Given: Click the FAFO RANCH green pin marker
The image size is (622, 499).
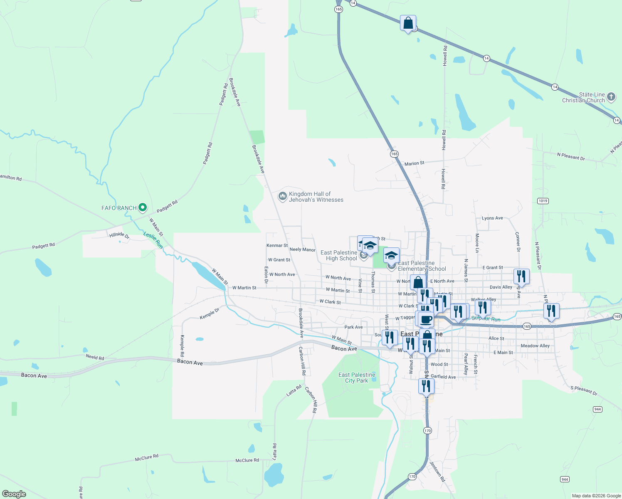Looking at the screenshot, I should tap(143, 207).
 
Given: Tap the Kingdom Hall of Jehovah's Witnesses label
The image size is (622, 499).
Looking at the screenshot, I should tap(316, 197).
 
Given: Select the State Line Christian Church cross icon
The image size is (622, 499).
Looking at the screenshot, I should tap(611, 97).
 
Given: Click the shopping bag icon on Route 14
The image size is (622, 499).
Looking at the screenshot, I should tap(408, 23).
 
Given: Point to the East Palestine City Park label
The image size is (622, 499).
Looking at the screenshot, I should tap(357, 378).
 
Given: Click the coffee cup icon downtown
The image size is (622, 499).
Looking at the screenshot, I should tap(425, 319).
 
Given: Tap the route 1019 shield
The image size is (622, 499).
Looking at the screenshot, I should tap(543, 201).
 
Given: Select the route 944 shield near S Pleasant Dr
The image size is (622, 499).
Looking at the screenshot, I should tap(597, 409).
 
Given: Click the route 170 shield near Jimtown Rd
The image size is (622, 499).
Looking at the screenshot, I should tap(412, 477).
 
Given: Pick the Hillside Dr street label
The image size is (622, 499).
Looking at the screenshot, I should tap(119, 235).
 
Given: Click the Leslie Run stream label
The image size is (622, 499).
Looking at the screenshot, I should tap(153, 240).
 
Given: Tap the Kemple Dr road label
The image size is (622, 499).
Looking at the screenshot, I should tap(210, 314).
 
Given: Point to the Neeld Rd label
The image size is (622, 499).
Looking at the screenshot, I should tap(95, 357).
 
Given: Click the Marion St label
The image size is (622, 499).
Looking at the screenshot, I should tap(414, 163).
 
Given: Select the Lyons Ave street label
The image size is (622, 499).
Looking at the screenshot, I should tap(492, 218).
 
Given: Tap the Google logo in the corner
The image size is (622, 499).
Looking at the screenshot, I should tap(14, 494).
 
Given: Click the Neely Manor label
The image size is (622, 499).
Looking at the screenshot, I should tap(302, 249).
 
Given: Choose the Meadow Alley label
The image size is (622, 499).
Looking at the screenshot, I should tap(535, 346).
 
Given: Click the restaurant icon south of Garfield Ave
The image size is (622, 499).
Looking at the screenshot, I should tap(426, 386).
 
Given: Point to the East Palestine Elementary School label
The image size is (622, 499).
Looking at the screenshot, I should tap(422, 266).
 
